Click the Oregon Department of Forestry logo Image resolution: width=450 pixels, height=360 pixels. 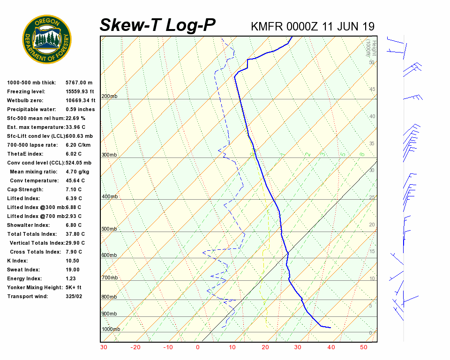click(x=47, y=39)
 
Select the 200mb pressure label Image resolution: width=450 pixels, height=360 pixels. click(x=109, y=96)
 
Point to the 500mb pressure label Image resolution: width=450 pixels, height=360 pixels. click(x=109, y=229)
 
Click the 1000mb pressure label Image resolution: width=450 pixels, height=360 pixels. click(x=111, y=330)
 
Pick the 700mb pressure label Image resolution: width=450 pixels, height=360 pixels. click(x=109, y=278)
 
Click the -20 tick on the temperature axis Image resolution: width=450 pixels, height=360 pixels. click(x=135, y=347)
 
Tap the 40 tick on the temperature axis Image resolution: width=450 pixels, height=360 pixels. click(x=331, y=347)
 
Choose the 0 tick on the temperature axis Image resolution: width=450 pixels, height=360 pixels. click(x=198, y=347)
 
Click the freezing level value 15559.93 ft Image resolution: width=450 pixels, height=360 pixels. click(x=80, y=91)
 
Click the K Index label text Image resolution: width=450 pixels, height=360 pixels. click(x=17, y=261)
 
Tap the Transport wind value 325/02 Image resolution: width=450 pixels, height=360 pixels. click(x=74, y=296)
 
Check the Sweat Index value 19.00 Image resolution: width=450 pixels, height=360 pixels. click(x=73, y=270)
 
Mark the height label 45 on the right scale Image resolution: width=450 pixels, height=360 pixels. click(x=372, y=90)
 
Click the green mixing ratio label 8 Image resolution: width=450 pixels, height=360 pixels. click(x=362, y=154)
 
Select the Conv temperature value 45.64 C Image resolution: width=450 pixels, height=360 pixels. click(x=75, y=180)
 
